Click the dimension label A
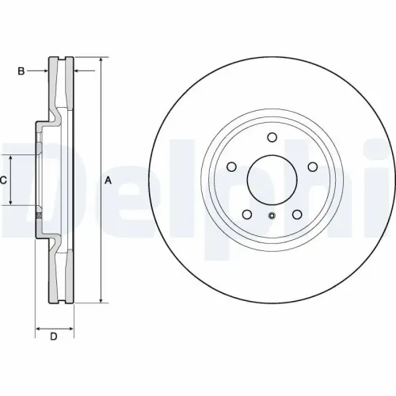click(x=109, y=181)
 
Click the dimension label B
click(x=21, y=71)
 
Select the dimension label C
click(x=3, y=181)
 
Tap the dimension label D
click(x=54, y=337)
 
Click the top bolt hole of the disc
click(x=272, y=137)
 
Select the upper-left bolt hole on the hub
click(x=231, y=166)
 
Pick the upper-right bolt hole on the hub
click(x=313, y=166)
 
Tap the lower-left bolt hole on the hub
click(x=247, y=215)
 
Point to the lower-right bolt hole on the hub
click(x=297, y=215)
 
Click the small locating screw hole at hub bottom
click(x=272, y=215)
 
